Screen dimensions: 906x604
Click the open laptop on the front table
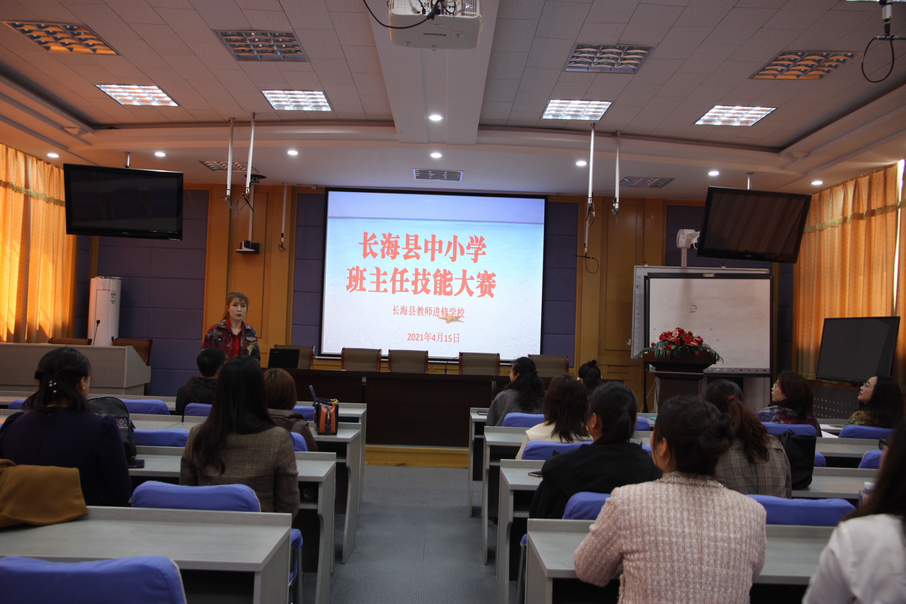pyautogui.click(x=284, y=358)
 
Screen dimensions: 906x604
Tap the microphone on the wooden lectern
pyautogui.click(x=96, y=331)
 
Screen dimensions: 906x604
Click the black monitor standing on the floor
pyautogui.click(x=857, y=349)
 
